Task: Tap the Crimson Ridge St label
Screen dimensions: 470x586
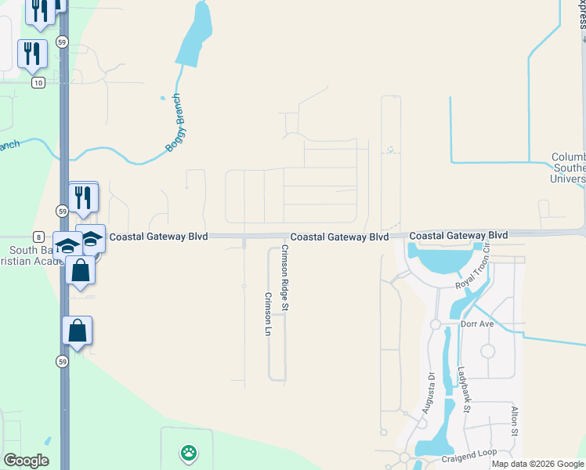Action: [x=285, y=279]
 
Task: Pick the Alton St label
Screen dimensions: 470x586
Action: [x=515, y=421]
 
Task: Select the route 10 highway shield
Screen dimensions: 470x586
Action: [x=37, y=82]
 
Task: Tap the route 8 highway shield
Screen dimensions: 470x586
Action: [x=38, y=236]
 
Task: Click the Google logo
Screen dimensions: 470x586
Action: [x=26, y=461]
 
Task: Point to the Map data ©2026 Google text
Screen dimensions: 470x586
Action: [x=537, y=464]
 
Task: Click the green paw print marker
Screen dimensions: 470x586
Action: [x=188, y=452]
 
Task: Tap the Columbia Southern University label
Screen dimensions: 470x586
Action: [x=568, y=168]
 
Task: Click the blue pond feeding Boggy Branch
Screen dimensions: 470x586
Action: [x=194, y=35]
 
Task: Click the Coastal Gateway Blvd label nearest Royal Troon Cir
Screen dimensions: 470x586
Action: [x=458, y=235]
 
